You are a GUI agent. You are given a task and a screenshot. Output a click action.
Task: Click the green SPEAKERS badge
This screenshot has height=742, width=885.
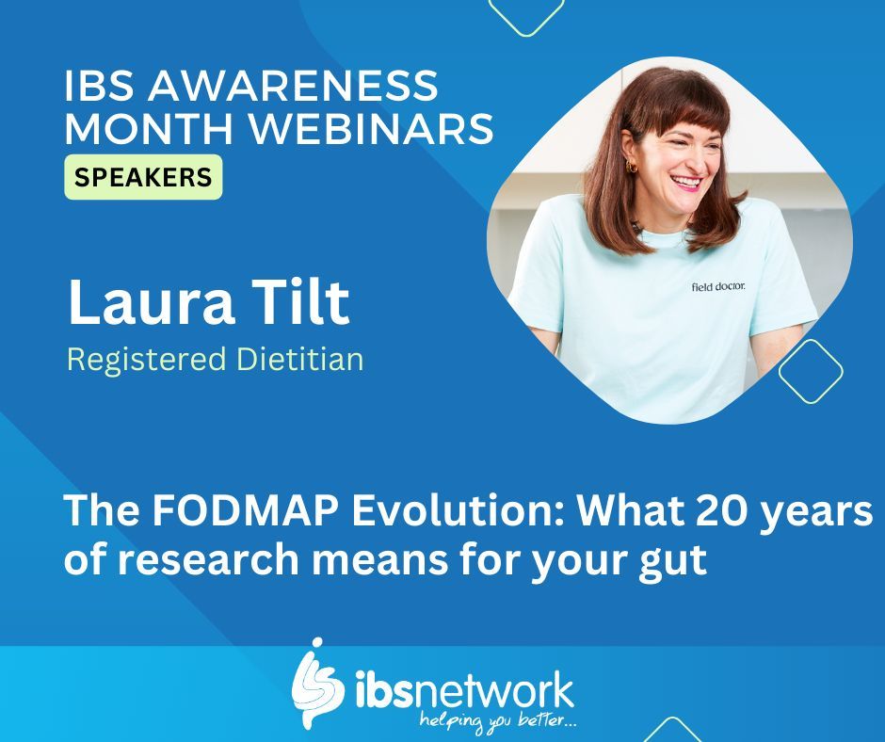pyautogui.click(x=143, y=177)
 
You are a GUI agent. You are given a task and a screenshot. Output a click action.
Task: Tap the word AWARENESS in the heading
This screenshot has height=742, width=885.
pyautogui.click(x=298, y=87)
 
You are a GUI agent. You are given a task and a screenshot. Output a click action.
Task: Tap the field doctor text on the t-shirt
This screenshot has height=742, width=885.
pyautogui.click(x=718, y=286)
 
